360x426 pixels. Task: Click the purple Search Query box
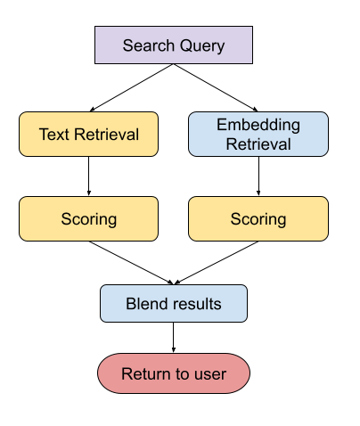click(x=174, y=45)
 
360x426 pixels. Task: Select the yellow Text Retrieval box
click(x=88, y=135)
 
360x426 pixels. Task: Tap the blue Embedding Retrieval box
click(x=258, y=134)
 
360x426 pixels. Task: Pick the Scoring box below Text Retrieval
click(x=88, y=218)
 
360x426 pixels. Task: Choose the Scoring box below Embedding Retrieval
click(x=258, y=218)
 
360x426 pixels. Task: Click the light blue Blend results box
click(x=174, y=304)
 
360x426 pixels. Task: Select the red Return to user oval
click(x=174, y=373)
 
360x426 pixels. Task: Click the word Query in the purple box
click(x=200, y=45)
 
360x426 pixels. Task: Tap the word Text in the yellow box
click(x=53, y=135)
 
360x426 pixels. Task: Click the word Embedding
click(x=258, y=125)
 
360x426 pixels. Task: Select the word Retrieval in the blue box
click(x=258, y=143)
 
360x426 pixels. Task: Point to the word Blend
click(x=146, y=304)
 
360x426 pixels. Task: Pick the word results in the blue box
click(x=196, y=304)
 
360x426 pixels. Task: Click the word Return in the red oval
click(x=143, y=373)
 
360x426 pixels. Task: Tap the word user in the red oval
click(x=210, y=373)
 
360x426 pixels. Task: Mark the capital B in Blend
click(x=131, y=304)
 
